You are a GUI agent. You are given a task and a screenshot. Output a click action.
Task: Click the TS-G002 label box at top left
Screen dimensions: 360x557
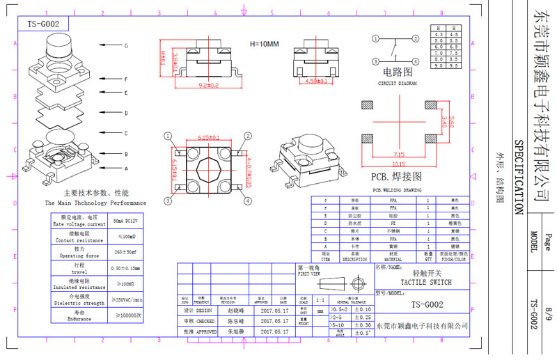click(x=42, y=24)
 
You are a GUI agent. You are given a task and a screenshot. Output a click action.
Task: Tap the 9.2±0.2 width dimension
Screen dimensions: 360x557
click(x=200, y=85)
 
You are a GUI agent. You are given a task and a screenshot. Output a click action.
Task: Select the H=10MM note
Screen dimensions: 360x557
click(x=264, y=44)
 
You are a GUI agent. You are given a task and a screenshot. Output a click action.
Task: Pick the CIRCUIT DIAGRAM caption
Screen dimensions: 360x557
click(x=396, y=82)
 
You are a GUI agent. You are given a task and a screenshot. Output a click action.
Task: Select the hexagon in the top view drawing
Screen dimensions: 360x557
click(x=207, y=167)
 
